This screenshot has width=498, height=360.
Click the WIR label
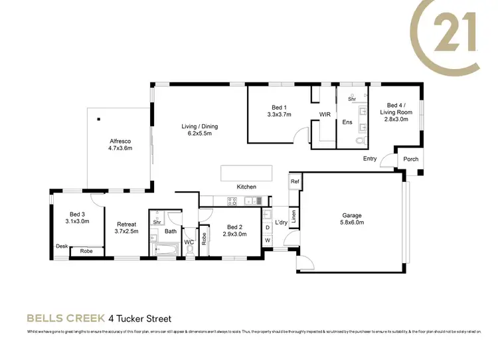click(325, 115)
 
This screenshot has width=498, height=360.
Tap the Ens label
click(347, 122)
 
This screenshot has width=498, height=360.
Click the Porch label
click(410, 159)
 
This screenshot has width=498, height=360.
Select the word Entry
click(370, 159)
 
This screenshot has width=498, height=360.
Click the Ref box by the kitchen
click(295, 181)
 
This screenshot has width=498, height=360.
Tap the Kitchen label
click(246, 187)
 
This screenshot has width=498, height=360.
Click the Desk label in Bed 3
click(61, 246)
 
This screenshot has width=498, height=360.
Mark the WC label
click(189, 242)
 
